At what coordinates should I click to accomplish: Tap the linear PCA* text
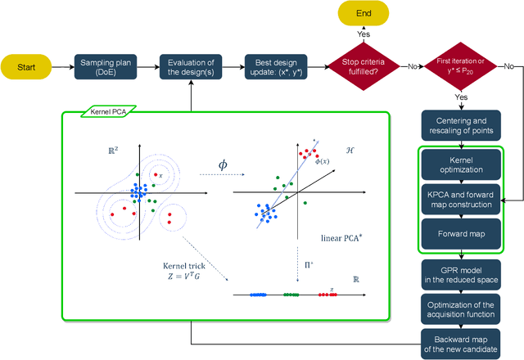(x=341, y=237)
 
